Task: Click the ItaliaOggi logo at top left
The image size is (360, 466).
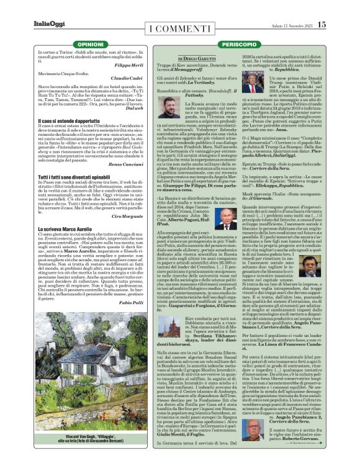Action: [x=48, y=24]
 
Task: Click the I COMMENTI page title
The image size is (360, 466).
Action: [x=180, y=27]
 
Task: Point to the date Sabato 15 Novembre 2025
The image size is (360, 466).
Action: [x=291, y=25]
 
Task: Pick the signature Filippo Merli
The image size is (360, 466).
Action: [x=129, y=65]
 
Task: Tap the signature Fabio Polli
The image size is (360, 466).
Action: [x=131, y=302]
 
